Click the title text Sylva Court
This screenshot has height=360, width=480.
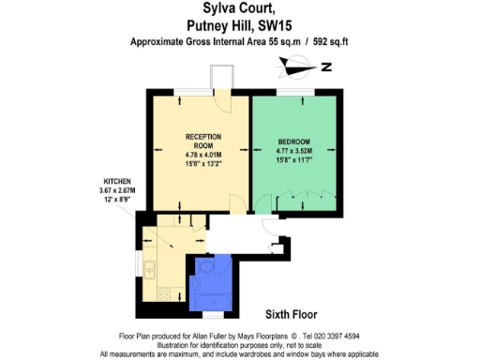[239, 9]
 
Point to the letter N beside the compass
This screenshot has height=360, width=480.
[325, 67]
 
